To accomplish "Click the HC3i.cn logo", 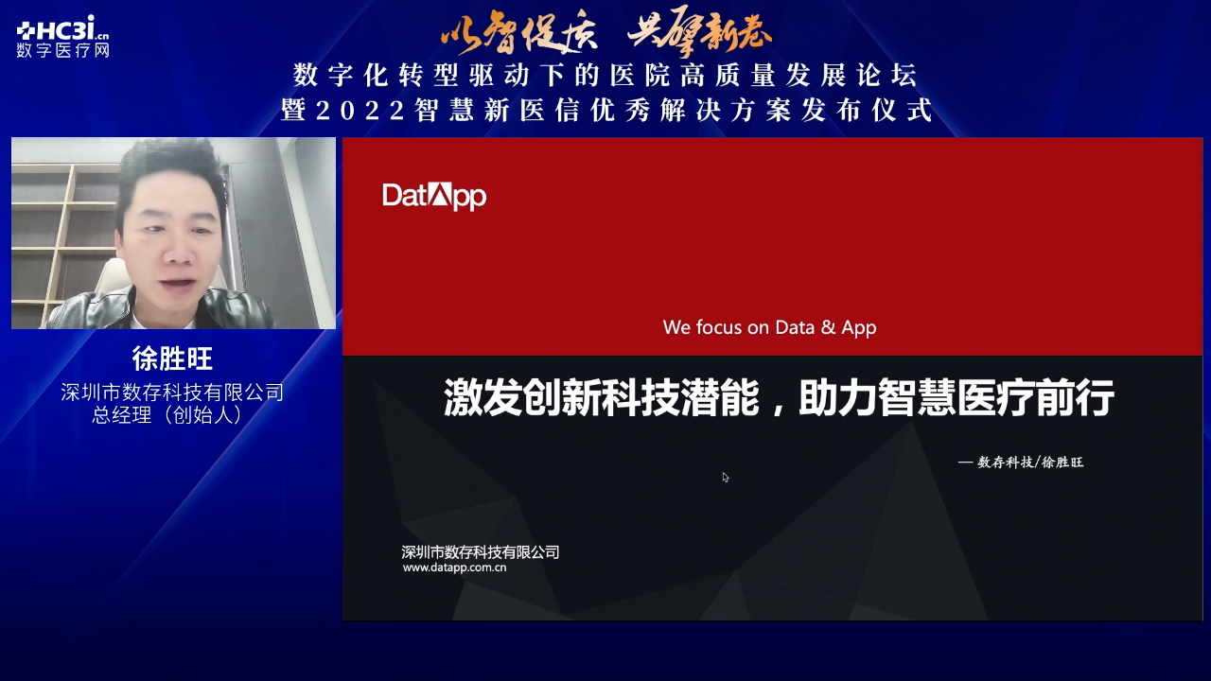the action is (x=62, y=27).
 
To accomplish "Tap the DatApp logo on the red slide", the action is (x=434, y=196).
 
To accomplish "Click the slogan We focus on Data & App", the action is (x=769, y=327).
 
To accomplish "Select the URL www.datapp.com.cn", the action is (x=454, y=567).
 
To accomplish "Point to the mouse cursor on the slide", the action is (x=725, y=478).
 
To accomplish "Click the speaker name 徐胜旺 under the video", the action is (x=172, y=358).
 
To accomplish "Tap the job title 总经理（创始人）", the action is (x=167, y=415).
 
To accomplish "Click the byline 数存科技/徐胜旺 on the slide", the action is (x=1030, y=463).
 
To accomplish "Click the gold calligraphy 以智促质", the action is (x=519, y=33).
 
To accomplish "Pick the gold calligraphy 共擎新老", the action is (x=699, y=31).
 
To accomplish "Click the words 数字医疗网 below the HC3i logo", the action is (x=62, y=50).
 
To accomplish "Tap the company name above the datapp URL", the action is (x=480, y=551).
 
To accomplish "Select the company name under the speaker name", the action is (x=172, y=392).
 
